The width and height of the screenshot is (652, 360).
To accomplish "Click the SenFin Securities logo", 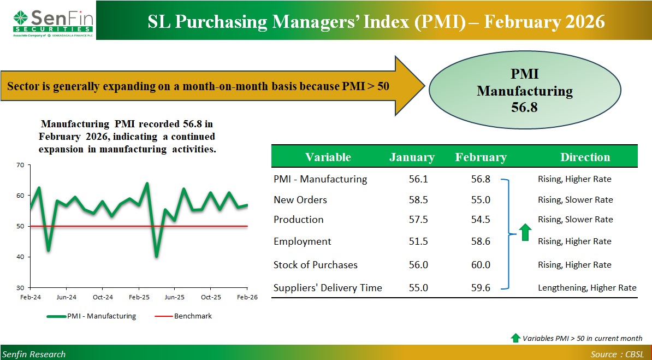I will [53, 22].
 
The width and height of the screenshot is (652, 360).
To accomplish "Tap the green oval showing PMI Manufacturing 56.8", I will [525, 91].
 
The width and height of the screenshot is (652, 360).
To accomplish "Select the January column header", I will [412, 157].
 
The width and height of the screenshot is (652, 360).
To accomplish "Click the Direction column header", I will [585, 157].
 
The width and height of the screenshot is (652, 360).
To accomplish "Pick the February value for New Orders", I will [481, 200].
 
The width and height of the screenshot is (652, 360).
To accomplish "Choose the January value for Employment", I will [418, 241].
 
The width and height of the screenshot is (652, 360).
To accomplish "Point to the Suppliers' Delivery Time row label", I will [328, 288].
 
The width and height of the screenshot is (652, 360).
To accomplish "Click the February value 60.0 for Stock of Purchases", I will [481, 265].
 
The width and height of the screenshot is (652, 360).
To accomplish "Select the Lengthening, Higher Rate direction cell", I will [587, 288].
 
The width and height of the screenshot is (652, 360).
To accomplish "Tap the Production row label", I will [299, 220].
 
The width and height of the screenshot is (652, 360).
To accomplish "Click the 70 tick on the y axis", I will [20, 165].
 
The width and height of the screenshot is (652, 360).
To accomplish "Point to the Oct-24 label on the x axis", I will [102, 297].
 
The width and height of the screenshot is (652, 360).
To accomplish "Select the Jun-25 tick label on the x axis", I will [174, 297].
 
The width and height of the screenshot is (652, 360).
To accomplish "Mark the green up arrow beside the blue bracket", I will [525, 233].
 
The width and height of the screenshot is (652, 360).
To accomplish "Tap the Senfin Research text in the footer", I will [33, 354].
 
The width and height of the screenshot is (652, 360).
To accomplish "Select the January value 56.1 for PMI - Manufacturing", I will [418, 179].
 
